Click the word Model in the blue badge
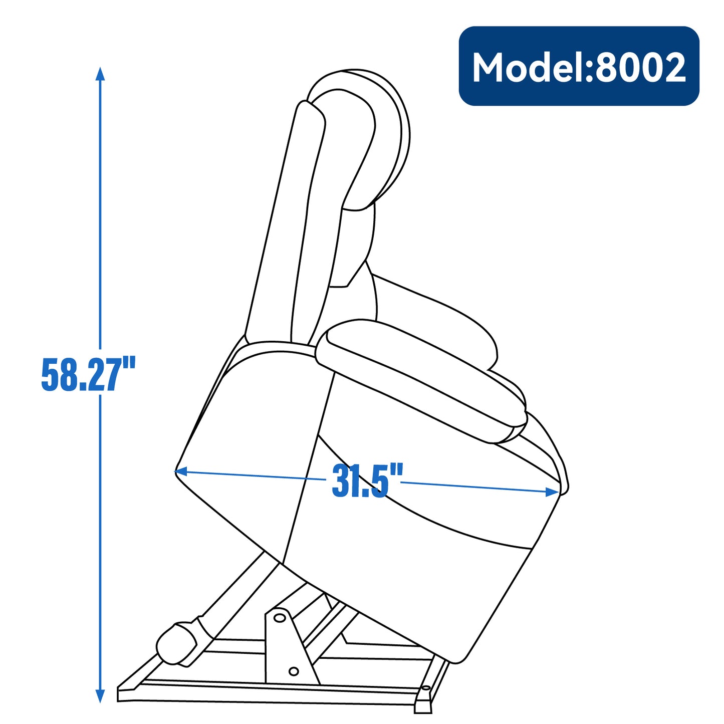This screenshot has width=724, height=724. (527, 68)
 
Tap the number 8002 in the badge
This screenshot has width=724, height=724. (639, 68)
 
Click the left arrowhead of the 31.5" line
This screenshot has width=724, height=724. (181, 471)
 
